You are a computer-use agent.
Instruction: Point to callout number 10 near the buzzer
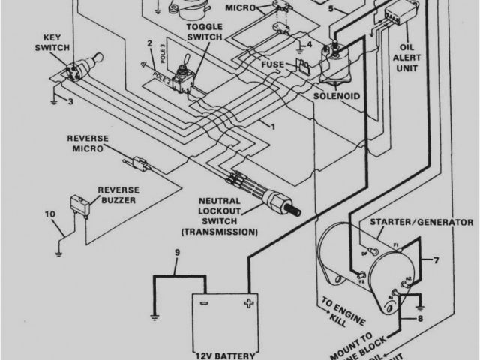click(49, 216)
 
